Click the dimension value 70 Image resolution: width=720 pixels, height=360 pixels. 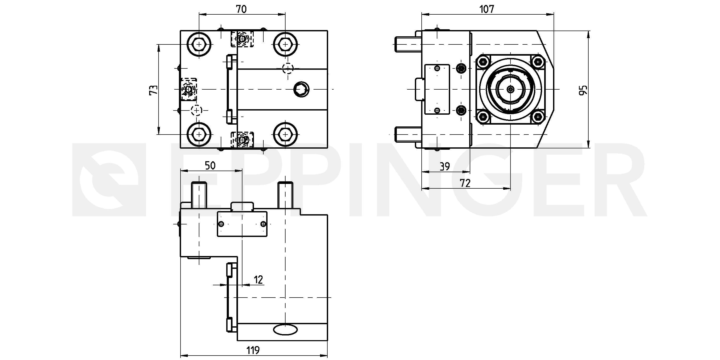[241, 9]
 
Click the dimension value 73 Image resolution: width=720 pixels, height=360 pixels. [154, 90]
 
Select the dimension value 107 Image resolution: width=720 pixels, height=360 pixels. [487, 9]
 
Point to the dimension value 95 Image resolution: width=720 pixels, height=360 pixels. [583, 90]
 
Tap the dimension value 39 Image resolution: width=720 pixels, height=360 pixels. [445, 167]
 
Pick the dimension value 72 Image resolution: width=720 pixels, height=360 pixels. [465, 183]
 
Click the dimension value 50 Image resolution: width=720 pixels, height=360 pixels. [210, 166]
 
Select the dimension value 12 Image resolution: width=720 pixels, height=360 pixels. [259, 280]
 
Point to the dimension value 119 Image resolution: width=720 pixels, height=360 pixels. [253, 350]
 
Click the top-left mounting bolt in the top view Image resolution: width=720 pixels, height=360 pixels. [199, 44]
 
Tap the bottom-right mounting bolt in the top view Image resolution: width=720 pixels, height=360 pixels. [285, 135]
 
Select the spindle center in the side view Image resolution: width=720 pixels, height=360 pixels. [511, 89]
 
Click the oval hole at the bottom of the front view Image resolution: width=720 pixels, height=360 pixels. [285, 330]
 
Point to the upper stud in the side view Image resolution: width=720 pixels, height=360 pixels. [408, 45]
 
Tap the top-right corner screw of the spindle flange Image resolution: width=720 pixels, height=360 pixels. [537, 61]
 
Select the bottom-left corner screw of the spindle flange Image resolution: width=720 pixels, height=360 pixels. [484, 117]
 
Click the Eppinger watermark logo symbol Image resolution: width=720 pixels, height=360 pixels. [109, 180]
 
